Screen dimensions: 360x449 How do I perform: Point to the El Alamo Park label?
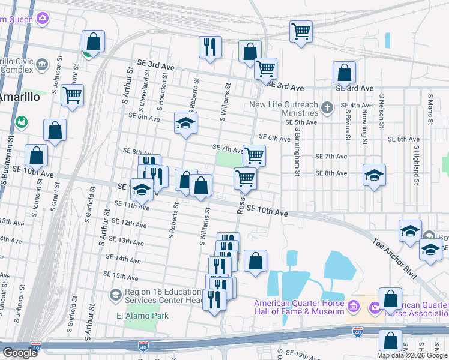click(142, 316)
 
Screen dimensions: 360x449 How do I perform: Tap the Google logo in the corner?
click(20, 353)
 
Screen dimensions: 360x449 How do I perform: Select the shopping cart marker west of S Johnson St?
click(72, 95)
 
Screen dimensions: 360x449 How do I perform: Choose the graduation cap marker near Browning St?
click(374, 175)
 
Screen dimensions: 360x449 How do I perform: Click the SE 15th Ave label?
click(121, 275)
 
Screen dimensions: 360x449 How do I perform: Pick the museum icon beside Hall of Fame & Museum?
click(354, 307)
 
